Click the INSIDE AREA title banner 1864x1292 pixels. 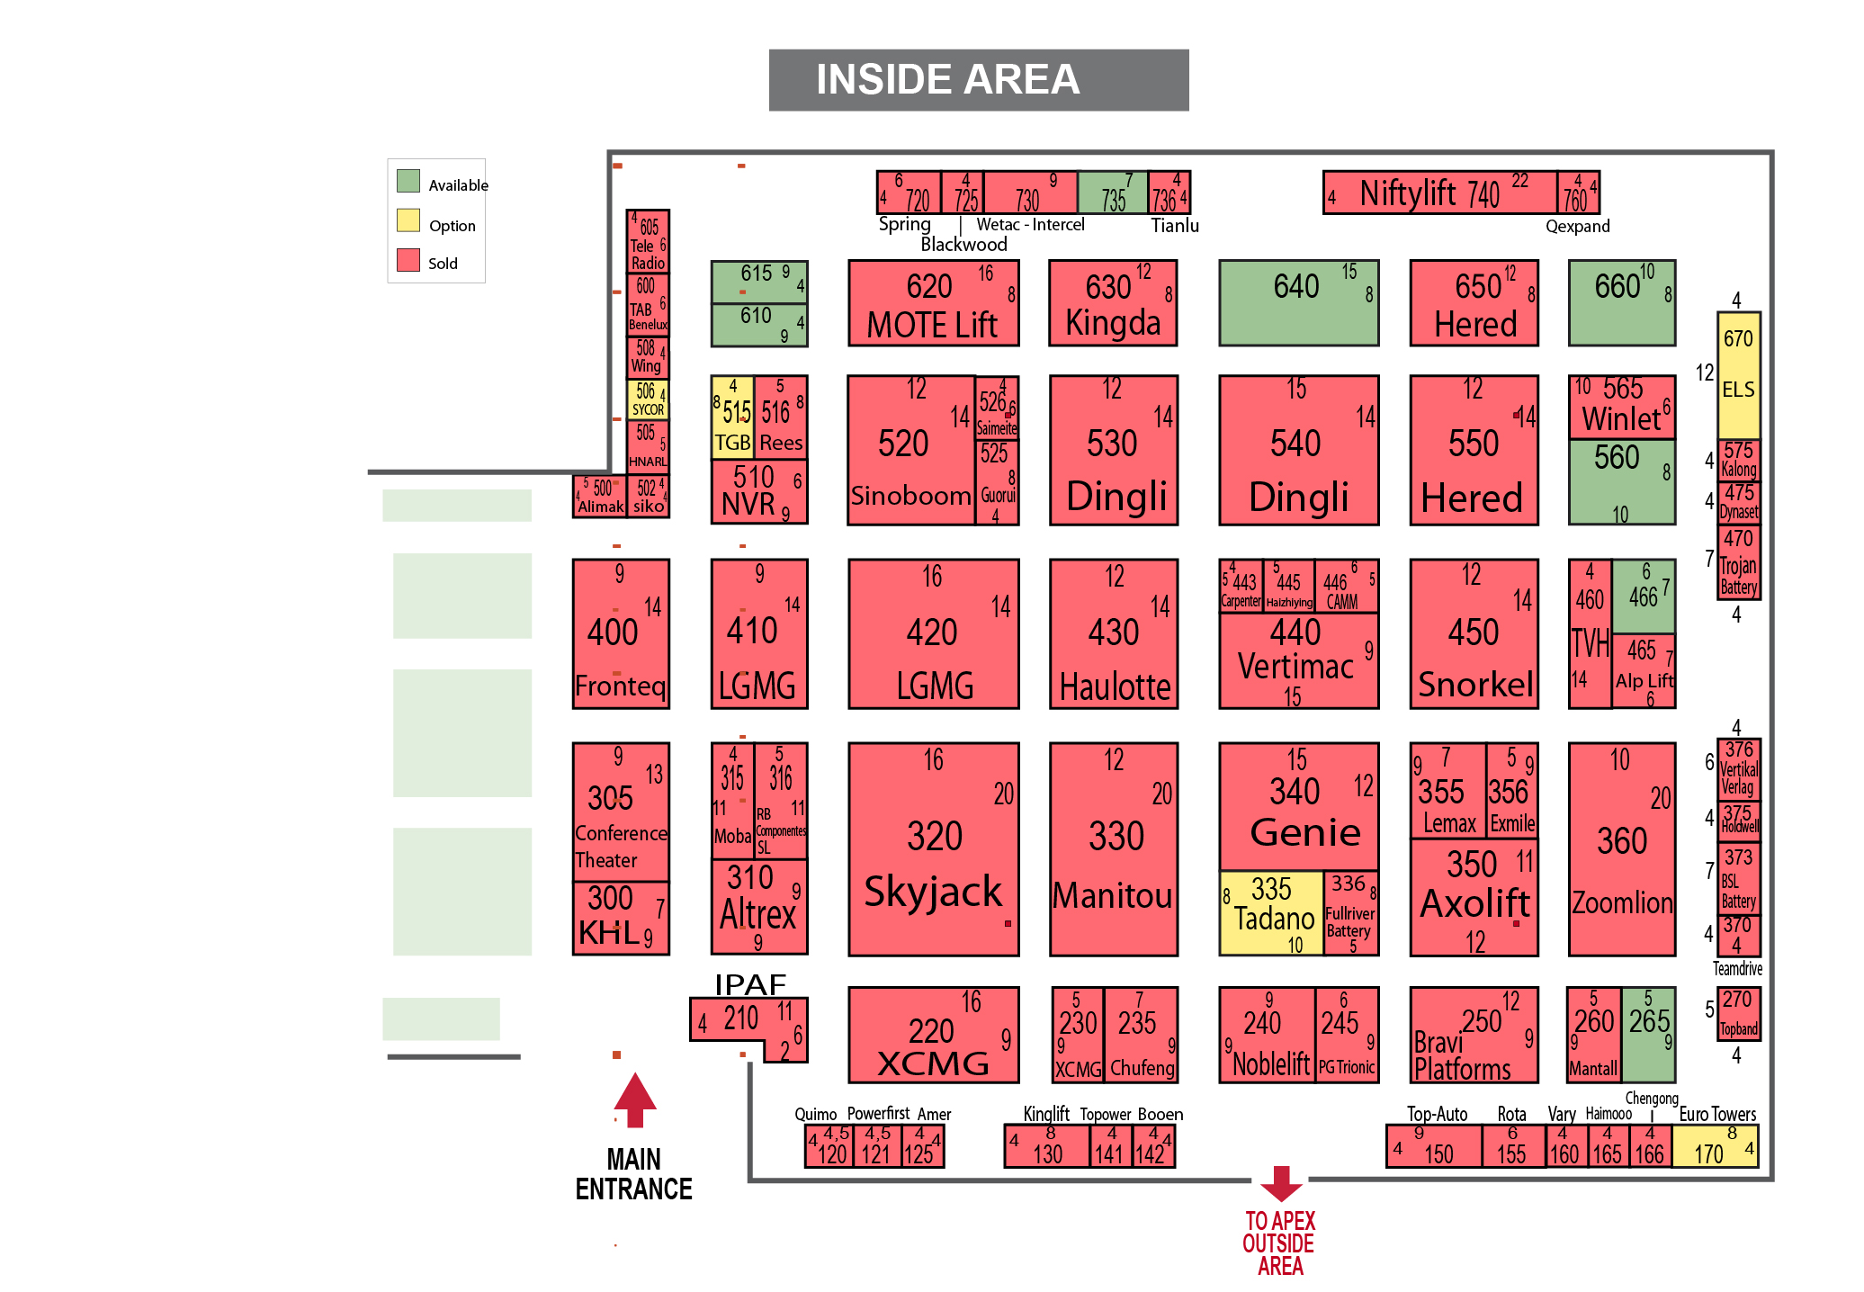(978, 80)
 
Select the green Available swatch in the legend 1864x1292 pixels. (408, 181)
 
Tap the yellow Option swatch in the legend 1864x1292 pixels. (408, 220)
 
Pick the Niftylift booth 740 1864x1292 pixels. (1439, 193)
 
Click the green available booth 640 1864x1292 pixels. (1298, 303)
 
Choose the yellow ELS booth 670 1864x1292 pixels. (1738, 374)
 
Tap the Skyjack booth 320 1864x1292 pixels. (933, 848)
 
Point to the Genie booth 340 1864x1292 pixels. (1298, 806)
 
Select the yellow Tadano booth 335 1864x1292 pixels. (1271, 912)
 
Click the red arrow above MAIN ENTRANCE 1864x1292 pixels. (635, 1099)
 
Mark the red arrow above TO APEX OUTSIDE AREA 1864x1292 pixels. (1281, 1183)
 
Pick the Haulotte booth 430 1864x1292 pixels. (1113, 634)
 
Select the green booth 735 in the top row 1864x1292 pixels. (1112, 193)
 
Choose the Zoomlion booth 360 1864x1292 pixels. (1621, 848)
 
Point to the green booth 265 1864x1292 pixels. (1648, 1035)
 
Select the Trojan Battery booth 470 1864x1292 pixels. (1738, 562)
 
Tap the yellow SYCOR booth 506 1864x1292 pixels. (648, 399)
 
